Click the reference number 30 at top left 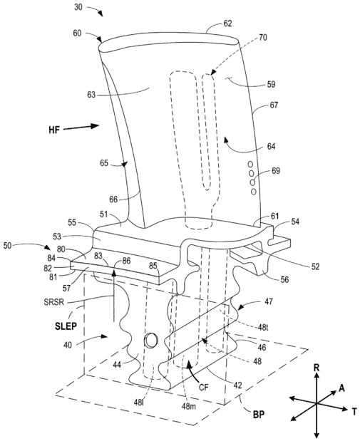tap(78, 7)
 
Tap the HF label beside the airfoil tap(54, 130)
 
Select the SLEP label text tap(66, 326)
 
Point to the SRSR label tap(54, 302)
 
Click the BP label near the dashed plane tap(258, 415)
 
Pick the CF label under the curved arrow tap(204, 387)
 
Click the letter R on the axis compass tap(317, 368)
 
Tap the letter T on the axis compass tap(354, 412)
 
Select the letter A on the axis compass tap(341, 388)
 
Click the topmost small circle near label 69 tap(250, 164)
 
